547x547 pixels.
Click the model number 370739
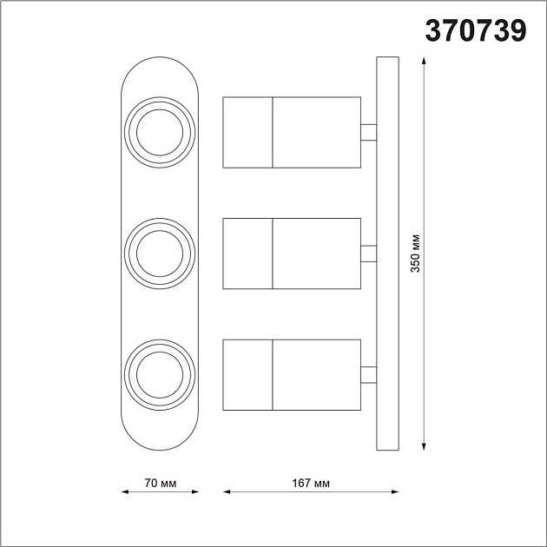point(475,32)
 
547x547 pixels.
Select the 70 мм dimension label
point(159,483)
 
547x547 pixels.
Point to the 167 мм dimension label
point(311,483)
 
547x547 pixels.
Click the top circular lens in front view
point(159,133)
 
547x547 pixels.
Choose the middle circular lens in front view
point(159,254)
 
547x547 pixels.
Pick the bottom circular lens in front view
point(159,374)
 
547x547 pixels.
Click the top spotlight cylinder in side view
point(292,132)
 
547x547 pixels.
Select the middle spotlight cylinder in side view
point(292,254)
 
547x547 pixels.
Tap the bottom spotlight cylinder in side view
point(292,374)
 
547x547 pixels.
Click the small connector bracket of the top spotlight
point(368,132)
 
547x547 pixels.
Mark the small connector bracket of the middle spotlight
point(368,254)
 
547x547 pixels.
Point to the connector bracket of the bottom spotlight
point(368,374)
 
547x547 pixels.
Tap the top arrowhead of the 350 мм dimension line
point(423,62)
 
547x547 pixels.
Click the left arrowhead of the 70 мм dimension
point(123,493)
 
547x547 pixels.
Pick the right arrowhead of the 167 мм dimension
point(394,493)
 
